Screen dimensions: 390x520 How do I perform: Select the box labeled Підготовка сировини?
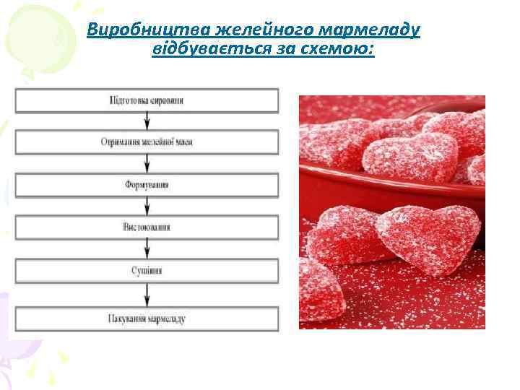[x=147, y=100]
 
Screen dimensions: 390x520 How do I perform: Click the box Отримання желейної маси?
[x=147, y=142]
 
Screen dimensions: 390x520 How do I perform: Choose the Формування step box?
[x=147, y=186]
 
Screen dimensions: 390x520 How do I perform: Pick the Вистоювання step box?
[x=147, y=227]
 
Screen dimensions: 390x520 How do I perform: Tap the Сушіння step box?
[x=147, y=271]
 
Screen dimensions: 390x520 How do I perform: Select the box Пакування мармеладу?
[x=147, y=318]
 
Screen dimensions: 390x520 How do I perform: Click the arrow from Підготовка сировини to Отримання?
[x=147, y=121]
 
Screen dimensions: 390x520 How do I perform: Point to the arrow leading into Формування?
[x=147, y=164]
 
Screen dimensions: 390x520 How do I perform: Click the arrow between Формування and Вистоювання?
[x=147, y=207]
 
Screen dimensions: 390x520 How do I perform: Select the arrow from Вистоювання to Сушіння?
[x=147, y=249]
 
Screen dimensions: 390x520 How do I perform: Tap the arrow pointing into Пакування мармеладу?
[x=147, y=295]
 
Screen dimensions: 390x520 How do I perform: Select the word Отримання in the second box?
[x=120, y=142]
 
